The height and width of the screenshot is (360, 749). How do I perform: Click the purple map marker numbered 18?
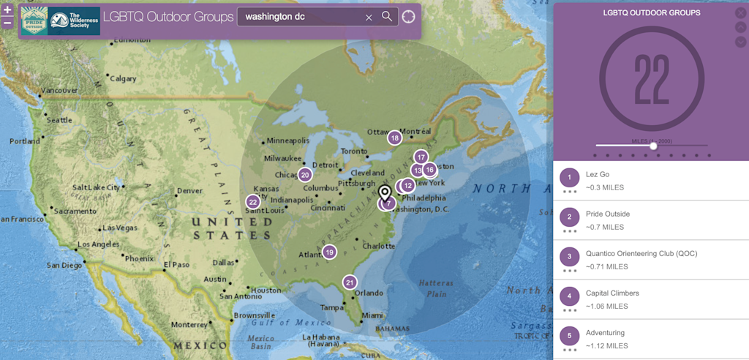tap(394, 138)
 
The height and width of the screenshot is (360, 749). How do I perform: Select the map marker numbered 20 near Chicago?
tap(305, 174)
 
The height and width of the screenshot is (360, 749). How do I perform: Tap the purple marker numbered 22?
tap(253, 202)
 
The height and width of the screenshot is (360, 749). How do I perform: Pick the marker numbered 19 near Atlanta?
tap(329, 252)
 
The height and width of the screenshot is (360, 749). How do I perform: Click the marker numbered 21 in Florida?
tap(350, 282)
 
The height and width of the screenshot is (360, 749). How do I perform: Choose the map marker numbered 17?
tap(421, 157)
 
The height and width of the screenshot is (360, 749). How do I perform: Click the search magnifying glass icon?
tap(387, 17)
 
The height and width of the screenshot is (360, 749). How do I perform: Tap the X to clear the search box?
tap(369, 17)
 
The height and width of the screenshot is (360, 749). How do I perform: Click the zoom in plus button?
tap(7, 10)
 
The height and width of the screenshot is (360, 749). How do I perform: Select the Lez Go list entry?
tap(597, 174)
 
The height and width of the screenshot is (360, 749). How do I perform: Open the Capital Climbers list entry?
tap(611, 293)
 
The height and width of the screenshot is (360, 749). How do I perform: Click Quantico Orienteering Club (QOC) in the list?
tap(641, 253)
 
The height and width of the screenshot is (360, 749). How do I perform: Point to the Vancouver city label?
tap(59, 91)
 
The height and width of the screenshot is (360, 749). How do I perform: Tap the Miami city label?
tap(372, 315)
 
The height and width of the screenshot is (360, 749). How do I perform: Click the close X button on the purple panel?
tap(740, 12)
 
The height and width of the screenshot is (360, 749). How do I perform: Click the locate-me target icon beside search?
tap(408, 17)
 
